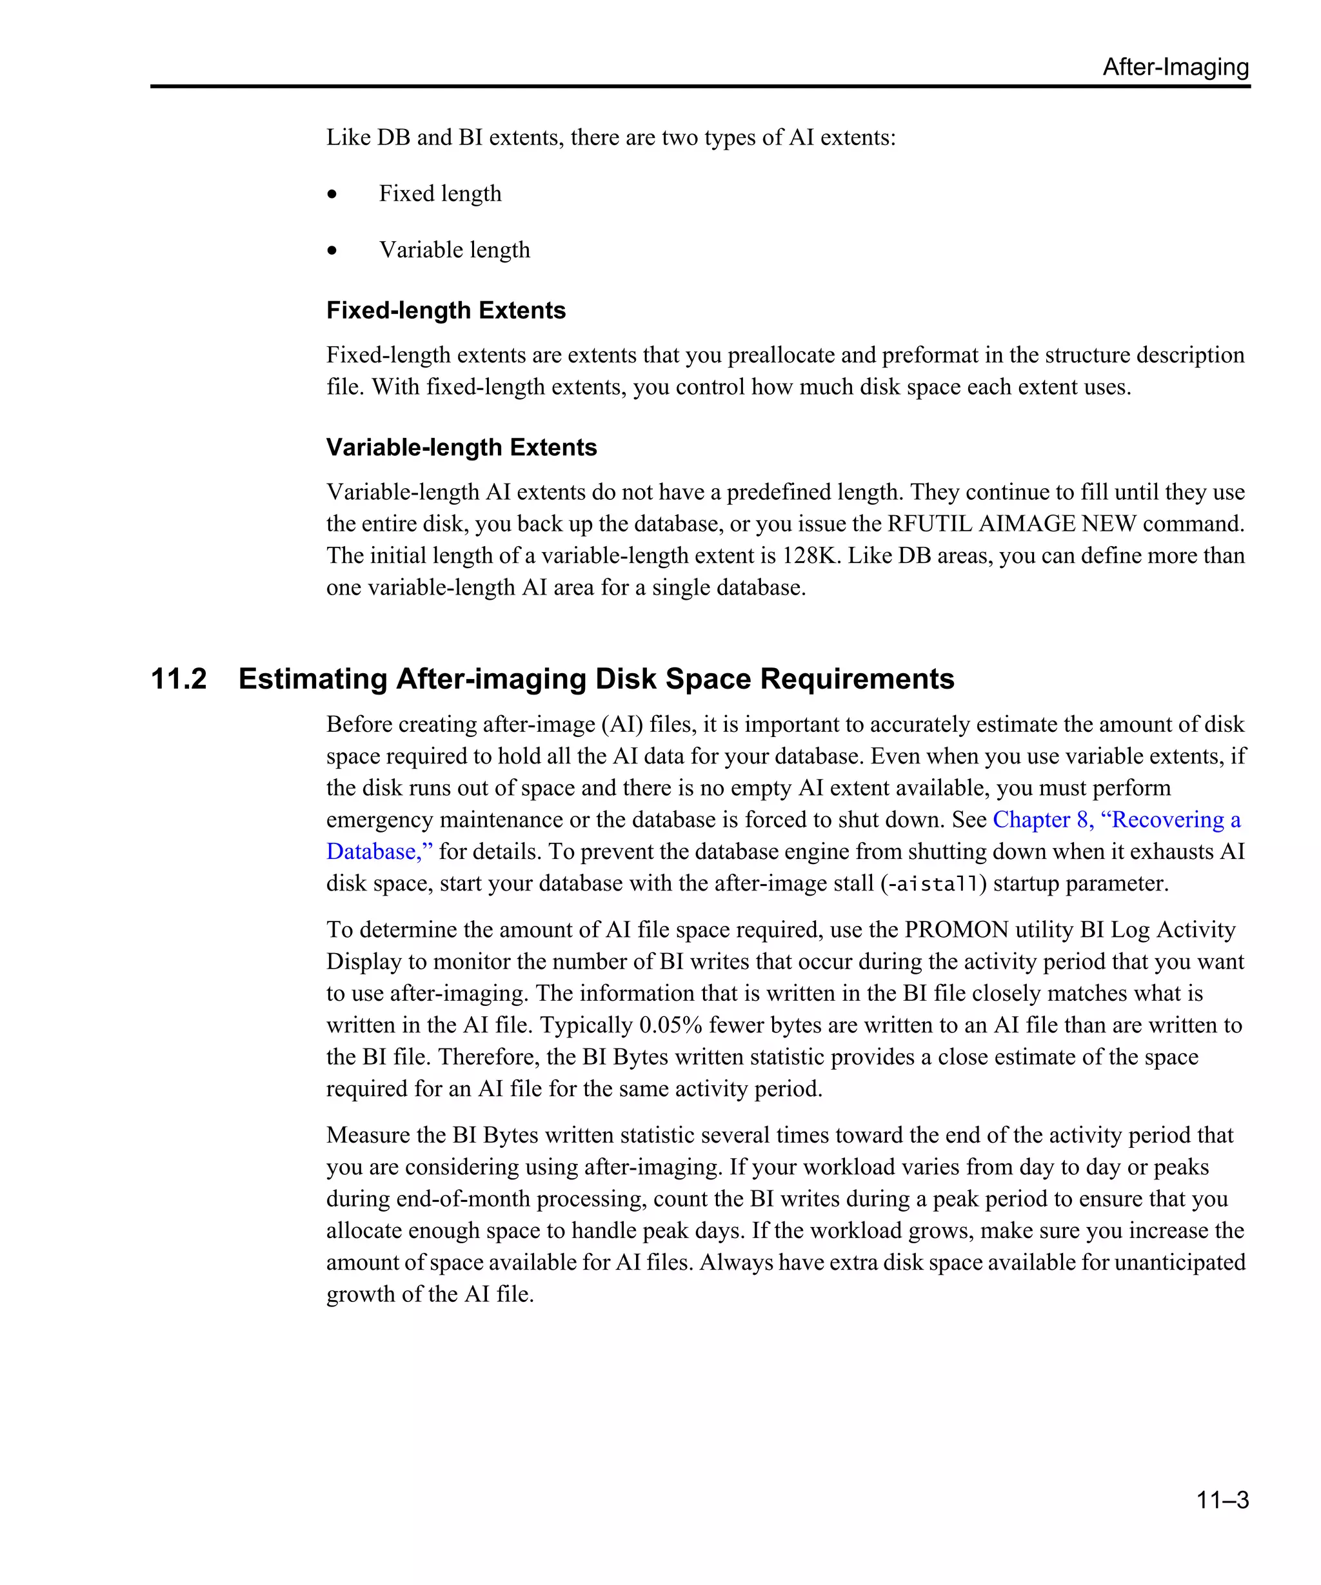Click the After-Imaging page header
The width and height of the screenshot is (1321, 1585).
pyautogui.click(x=1175, y=67)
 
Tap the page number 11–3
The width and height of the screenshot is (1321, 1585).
pyautogui.click(x=1222, y=1499)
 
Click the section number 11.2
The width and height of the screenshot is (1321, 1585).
pyautogui.click(x=179, y=678)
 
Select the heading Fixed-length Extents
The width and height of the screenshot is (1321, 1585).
pyautogui.click(x=445, y=310)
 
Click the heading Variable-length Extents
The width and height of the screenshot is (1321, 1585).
pyautogui.click(x=461, y=448)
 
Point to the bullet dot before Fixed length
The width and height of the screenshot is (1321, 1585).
pyautogui.click(x=332, y=195)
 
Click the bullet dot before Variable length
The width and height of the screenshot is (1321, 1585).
pyautogui.click(x=332, y=251)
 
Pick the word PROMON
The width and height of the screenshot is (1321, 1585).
pyautogui.click(x=955, y=930)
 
